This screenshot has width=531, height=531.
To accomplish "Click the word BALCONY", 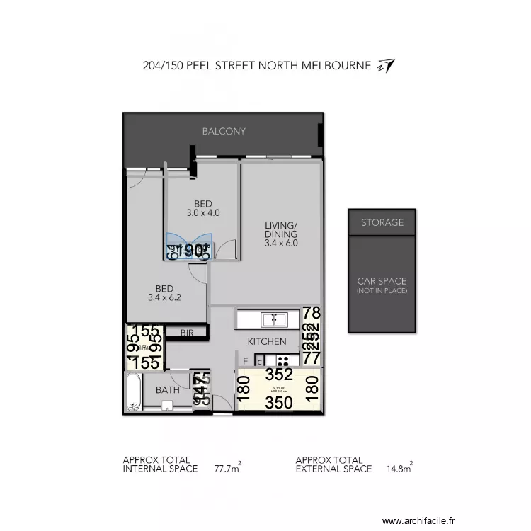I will tap(224, 131).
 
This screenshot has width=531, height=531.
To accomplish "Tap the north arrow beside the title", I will tap(387, 66).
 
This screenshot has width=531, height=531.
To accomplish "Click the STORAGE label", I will tap(382, 222).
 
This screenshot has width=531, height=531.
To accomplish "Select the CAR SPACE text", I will tap(382, 281).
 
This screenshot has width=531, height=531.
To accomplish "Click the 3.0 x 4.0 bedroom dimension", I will tap(203, 212).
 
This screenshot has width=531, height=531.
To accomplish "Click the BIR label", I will tap(187, 332).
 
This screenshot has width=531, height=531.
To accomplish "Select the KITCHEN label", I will tap(267, 341).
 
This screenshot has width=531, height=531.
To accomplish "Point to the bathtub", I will tap(133, 393).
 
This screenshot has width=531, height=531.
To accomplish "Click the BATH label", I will tap(168, 390).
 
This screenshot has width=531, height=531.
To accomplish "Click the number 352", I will tap(279, 375).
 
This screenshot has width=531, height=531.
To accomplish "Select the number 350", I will tap(279, 404).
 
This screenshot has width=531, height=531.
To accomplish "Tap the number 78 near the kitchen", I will tap(312, 313).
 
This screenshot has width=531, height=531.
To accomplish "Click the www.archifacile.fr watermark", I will tap(418, 518).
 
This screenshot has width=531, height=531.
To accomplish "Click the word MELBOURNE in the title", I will tap(336, 66).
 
